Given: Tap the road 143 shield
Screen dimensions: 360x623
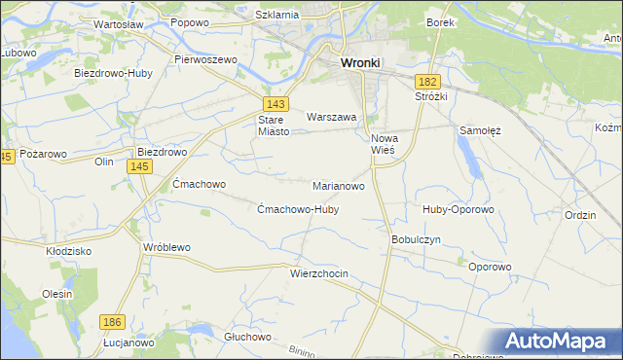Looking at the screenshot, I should tap(274, 103).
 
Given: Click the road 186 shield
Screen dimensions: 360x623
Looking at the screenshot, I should tap(113, 321).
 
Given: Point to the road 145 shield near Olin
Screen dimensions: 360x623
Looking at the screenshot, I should tap(138, 167).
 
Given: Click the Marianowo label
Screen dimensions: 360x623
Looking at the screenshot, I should tap(339, 185).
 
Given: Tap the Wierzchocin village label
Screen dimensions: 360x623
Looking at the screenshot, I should tap(318, 274).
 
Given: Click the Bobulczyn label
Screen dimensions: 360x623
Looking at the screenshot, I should tap(417, 238).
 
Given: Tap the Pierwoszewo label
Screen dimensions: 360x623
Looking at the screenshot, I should tap(206, 59).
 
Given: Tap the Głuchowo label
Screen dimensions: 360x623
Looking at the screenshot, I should tap(246, 336).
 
